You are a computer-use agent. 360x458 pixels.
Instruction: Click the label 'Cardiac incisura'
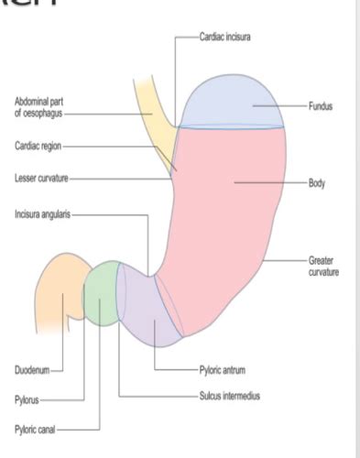[225, 37]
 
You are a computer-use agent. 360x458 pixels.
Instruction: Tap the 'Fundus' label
[321, 107]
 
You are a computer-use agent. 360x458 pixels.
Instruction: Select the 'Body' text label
[317, 183]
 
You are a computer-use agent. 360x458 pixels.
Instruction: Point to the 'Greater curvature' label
[321, 267]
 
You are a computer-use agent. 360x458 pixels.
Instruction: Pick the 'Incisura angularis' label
[41, 215]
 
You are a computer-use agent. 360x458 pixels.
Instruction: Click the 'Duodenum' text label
[30, 370]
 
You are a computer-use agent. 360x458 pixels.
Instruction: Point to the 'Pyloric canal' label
[36, 428]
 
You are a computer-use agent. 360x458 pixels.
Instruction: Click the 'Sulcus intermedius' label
[229, 397]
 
